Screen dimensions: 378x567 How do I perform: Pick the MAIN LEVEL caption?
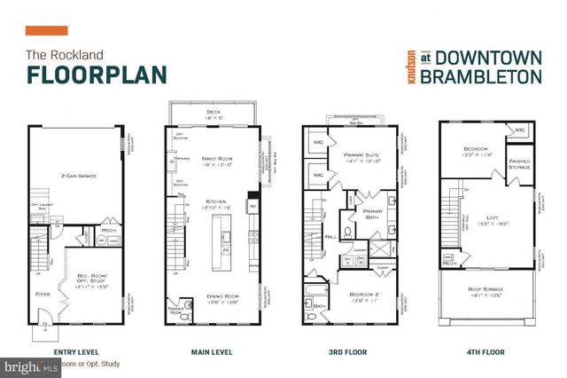[212, 352]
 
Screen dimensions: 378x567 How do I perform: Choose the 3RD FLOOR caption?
[347, 352]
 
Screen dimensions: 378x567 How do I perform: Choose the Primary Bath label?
[373, 214]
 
